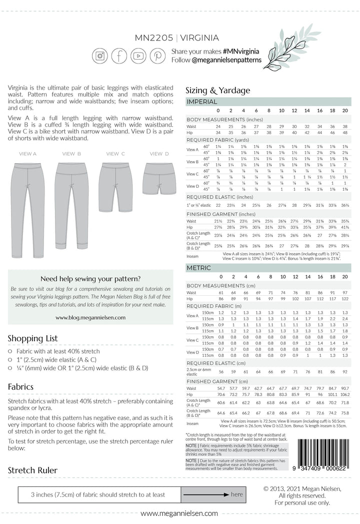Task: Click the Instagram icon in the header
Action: pos(100,56)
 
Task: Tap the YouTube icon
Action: pos(138,56)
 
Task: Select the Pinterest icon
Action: pos(158,56)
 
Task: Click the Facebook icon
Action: pos(119,56)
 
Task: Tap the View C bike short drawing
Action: pos(115,185)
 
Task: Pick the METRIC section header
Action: pos(198,268)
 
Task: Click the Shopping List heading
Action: pos(32,339)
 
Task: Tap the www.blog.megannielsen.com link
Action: pos(90,317)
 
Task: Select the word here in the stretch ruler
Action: pos(236,494)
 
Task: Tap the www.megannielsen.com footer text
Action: pos(179,513)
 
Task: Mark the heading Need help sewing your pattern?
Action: pos(90,278)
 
